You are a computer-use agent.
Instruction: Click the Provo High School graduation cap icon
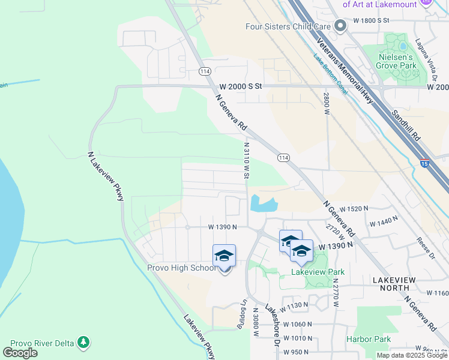click(x=224, y=256)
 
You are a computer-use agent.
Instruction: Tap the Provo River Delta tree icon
click(x=84, y=343)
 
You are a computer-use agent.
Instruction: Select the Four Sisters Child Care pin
click(x=340, y=26)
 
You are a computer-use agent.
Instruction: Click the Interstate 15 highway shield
click(x=424, y=163)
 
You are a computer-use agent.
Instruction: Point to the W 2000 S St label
click(x=241, y=86)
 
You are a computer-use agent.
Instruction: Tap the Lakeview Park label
click(x=318, y=272)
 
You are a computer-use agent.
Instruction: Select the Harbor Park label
click(x=368, y=339)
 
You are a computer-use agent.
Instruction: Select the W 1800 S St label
click(x=372, y=20)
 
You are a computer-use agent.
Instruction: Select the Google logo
click(x=20, y=353)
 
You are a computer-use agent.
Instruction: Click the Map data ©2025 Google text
click(x=412, y=355)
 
